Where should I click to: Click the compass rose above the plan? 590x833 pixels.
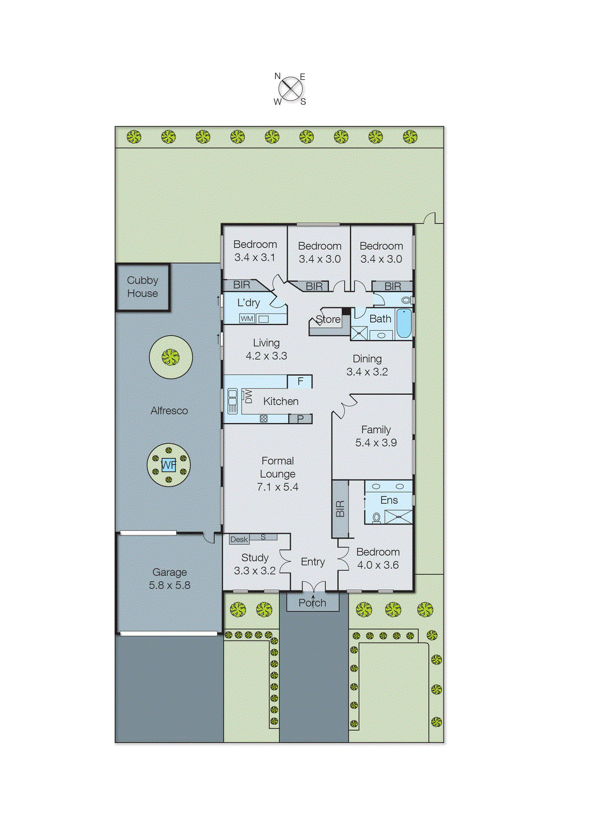coord(291,89)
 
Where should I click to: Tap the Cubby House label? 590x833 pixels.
coord(142,287)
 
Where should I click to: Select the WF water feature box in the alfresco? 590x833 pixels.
coord(169,465)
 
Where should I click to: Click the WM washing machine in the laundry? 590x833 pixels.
coord(247,319)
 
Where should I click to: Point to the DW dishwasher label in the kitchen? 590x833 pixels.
coord(248,397)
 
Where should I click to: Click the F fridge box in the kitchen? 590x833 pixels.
coord(300,382)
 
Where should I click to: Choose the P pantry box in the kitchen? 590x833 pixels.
coord(300,419)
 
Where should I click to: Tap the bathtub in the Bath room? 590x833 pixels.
coord(404,323)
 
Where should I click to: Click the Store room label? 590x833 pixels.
coord(328,319)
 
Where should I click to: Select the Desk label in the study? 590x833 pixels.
coord(239,539)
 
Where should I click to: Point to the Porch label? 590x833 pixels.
coord(312,603)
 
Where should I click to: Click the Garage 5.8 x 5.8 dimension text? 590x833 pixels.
coord(170,585)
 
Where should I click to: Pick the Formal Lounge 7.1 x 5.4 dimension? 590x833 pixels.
coord(278,487)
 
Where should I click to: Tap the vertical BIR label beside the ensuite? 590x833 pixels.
coord(340,509)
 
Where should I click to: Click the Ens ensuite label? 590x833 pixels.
coord(389,500)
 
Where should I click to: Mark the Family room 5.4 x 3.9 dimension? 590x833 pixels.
coord(376,443)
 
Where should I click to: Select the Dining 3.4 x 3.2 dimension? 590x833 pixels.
coord(367,372)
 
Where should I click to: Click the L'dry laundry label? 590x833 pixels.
coord(248,302)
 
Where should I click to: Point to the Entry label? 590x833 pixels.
coord(313,562)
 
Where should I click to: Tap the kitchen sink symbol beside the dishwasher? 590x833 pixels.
coord(232,401)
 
